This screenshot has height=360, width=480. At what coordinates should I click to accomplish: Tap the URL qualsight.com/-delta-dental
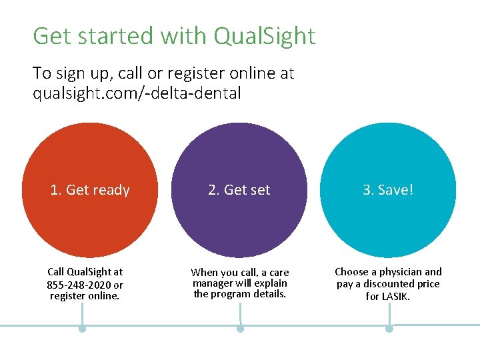(x=137, y=93)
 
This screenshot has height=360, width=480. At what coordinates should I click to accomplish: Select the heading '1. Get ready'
(x=90, y=190)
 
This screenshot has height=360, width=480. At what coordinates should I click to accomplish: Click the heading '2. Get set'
(x=239, y=190)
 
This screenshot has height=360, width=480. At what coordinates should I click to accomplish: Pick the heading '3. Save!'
(x=388, y=190)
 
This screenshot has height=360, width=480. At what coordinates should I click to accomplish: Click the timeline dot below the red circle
(x=82, y=329)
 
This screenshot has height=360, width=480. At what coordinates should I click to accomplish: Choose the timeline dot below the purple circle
(x=240, y=329)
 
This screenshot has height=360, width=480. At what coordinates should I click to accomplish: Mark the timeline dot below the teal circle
(x=389, y=329)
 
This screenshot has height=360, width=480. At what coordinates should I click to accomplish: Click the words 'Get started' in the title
(x=88, y=37)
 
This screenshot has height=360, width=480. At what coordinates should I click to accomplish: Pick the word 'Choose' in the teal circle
(x=351, y=272)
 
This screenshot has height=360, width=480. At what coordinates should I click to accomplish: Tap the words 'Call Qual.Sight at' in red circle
(x=85, y=272)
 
